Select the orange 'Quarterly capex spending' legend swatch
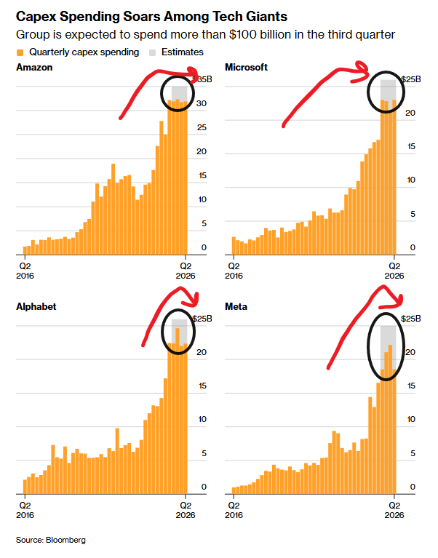[20, 52]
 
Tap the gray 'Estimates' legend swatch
[153, 52]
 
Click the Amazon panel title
[34, 68]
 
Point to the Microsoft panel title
[247, 68]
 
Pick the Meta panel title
[236, 307]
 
